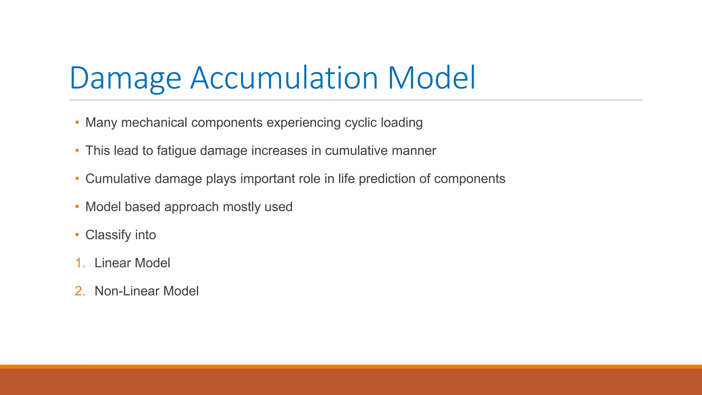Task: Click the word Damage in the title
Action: (125, 78)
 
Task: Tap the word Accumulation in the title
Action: (284, 78)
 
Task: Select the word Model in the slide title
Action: (431, 78)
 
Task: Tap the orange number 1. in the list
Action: (80, 263)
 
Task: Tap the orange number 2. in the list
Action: (80, 291)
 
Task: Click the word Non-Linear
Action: (127, 291)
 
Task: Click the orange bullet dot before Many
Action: (77, 122)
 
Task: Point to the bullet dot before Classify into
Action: (77, 235)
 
